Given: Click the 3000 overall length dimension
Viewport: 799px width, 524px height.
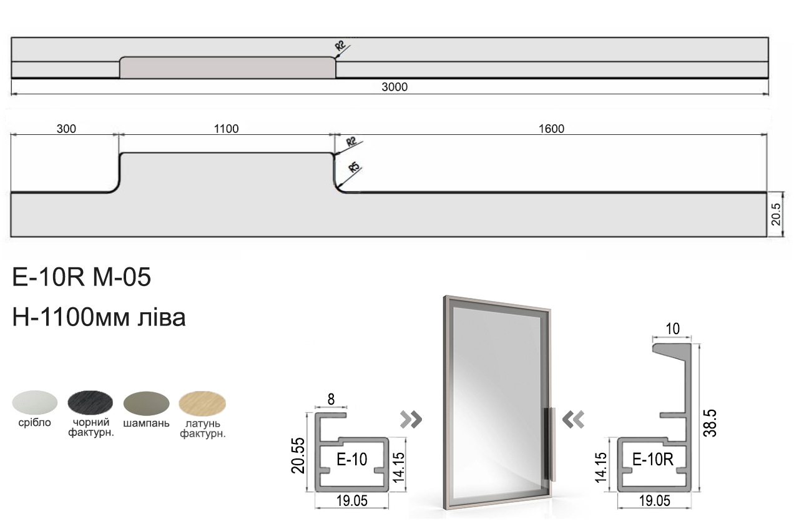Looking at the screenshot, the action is [395, 87].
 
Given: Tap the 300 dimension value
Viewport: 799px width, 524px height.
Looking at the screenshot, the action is [66, 129].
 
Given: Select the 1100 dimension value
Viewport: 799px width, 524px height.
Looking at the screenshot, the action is [226, 129].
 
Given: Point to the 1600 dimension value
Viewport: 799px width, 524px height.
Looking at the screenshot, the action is [551, 129].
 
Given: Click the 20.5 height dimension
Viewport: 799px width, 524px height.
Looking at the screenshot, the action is [776, 214].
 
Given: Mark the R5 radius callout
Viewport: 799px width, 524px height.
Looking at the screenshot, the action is [354, 167].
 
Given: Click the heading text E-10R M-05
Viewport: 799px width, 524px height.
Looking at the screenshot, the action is [82, 277].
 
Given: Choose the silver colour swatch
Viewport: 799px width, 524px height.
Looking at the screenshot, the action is [35, 402].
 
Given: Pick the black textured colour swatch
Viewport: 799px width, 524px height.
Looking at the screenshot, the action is [91, 402].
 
